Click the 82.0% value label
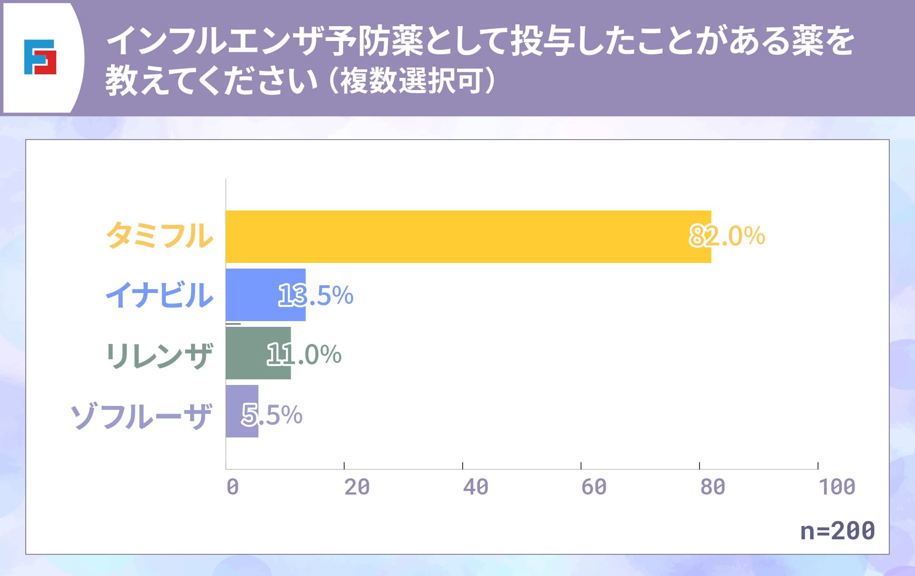[727, 236]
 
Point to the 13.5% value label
[315, 295]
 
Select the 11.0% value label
[304, 354]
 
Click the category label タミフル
[159, 236]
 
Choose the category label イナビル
[159, 295]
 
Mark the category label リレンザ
[159, 355]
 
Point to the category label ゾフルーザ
[141, 416]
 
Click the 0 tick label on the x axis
[233, 487]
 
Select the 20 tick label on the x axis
[357, 487]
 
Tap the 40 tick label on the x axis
[476, 487]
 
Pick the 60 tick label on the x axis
[594, 487]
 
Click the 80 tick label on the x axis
[712, 487]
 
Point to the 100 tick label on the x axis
[837, 487]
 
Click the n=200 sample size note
[837, 530]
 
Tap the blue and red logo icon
[40, 57]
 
